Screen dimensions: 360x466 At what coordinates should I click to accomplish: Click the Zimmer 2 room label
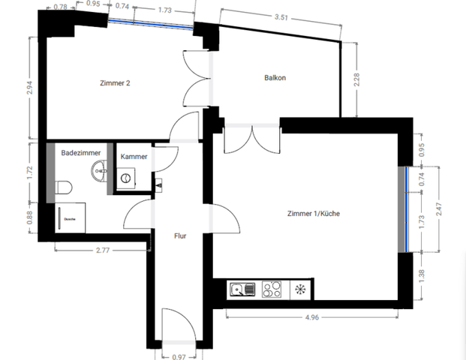pos(115,83)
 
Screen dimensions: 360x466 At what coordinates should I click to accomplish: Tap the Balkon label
pos(275,78)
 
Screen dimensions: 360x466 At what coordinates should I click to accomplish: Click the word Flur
pos(180,235)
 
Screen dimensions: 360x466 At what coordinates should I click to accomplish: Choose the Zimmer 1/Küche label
pos(314,214)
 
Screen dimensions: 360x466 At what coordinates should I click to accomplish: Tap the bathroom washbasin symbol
pos(98,172)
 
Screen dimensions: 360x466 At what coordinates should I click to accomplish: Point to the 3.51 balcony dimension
pos(281,16)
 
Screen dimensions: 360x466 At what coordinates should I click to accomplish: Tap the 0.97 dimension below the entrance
pos(179,357)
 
